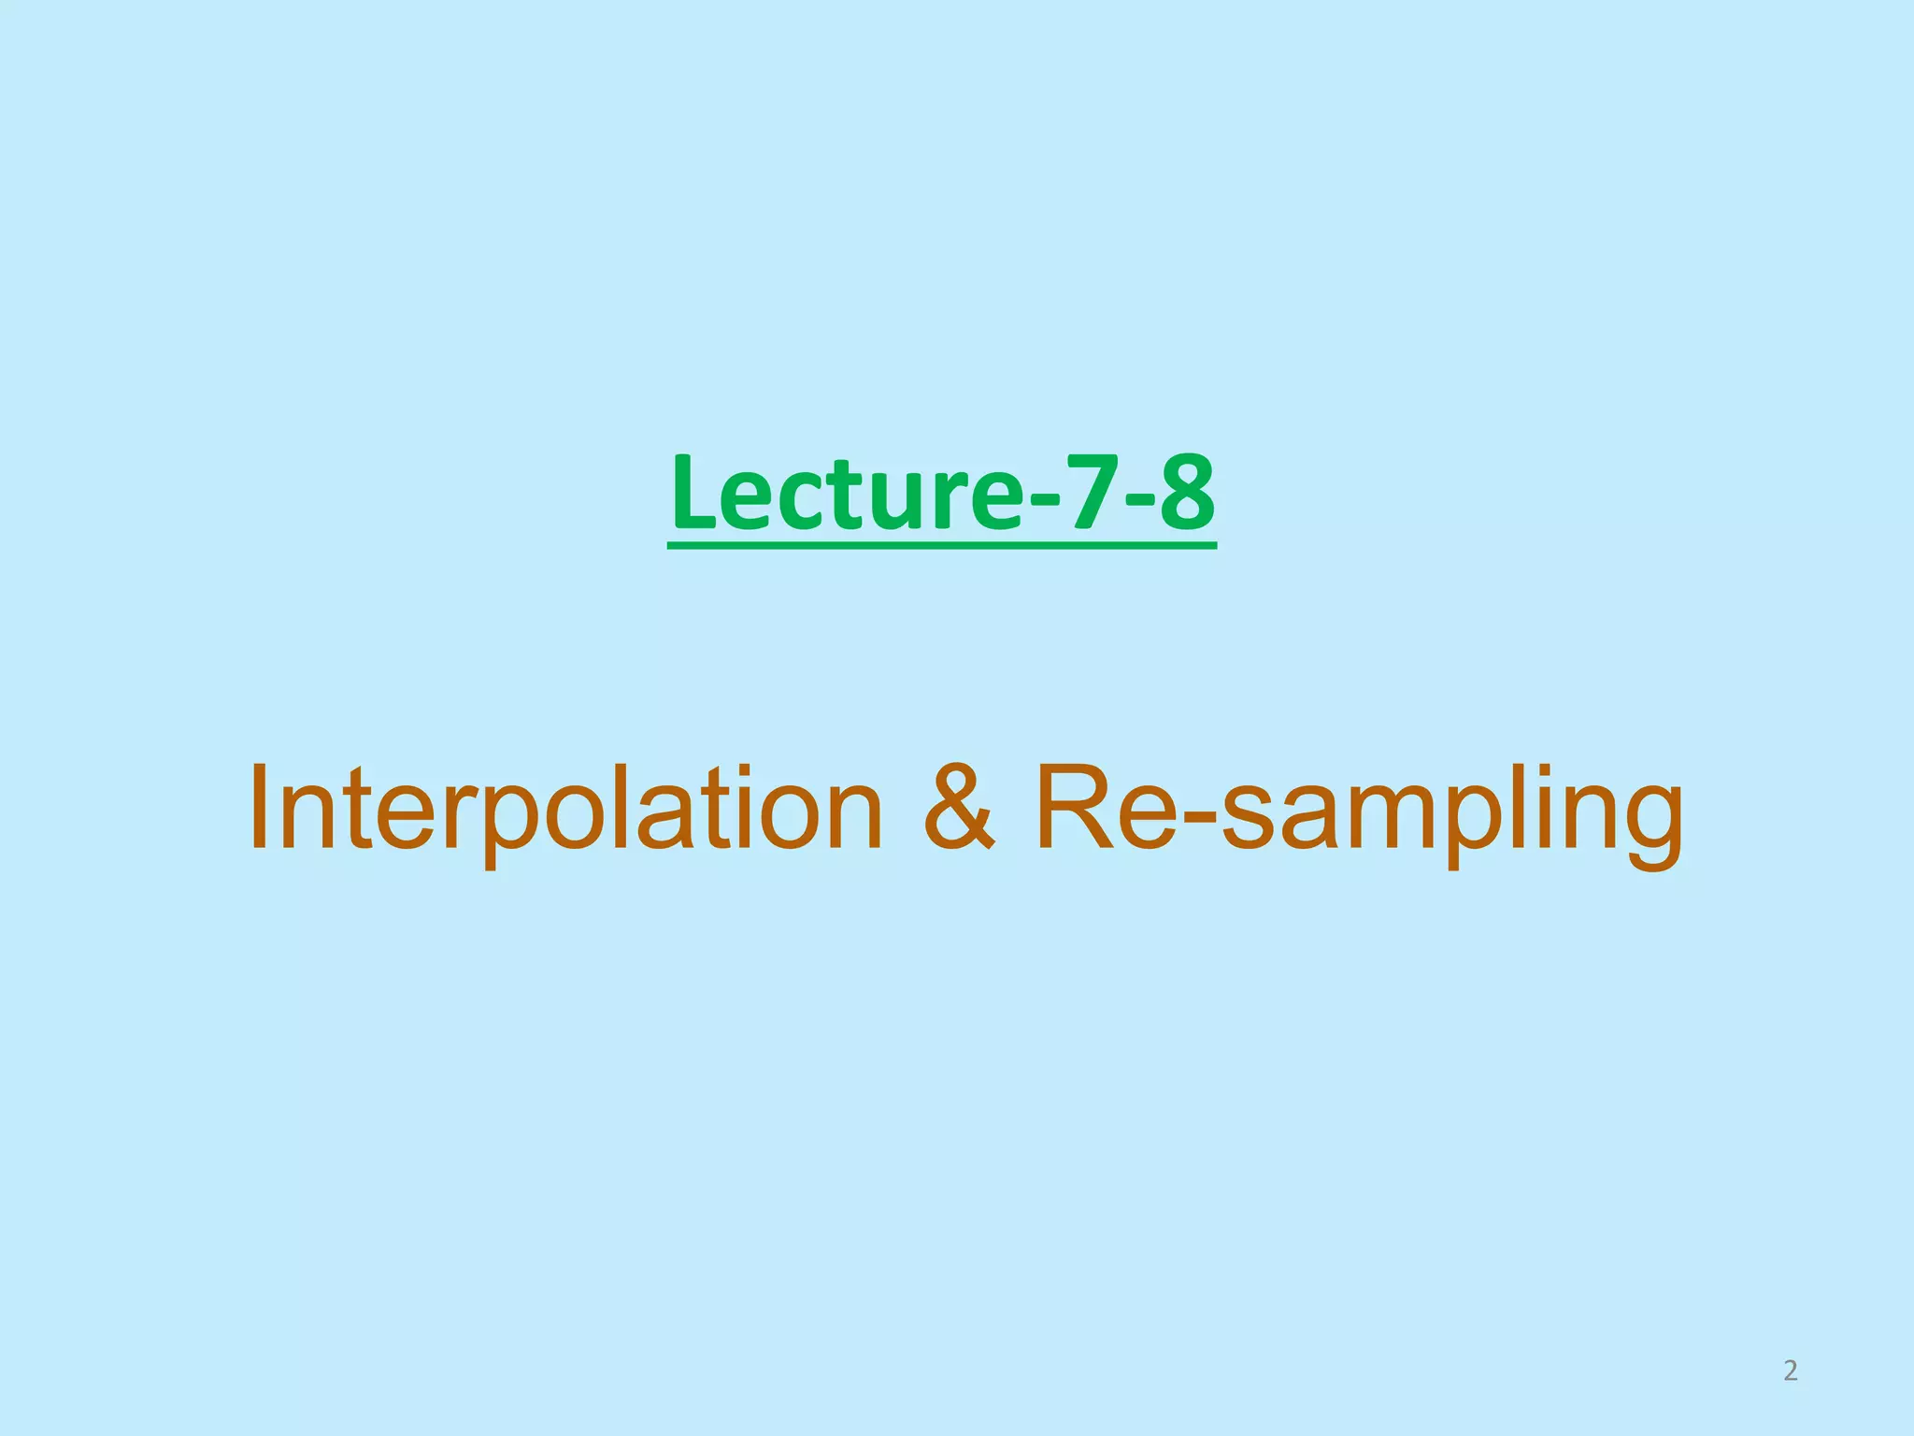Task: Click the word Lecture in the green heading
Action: click(x=846, y=493)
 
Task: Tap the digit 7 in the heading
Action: click(x=1089, y=493)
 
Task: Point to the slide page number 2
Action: click(x=1790, y=1371)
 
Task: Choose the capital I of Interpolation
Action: click(x=262, y=806)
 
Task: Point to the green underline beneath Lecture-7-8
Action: click(x=942, y=544)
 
